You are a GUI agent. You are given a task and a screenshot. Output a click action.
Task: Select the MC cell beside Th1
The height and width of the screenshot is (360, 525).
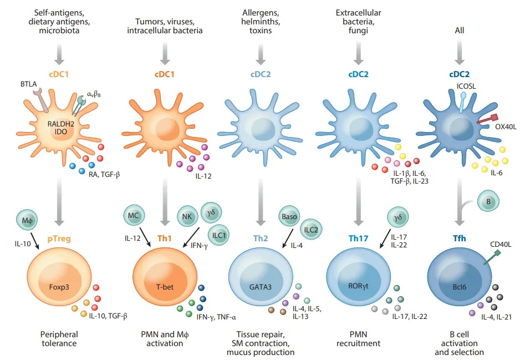tap(133, 214)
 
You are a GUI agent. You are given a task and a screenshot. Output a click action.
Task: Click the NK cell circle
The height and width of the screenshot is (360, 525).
tap(187, 217)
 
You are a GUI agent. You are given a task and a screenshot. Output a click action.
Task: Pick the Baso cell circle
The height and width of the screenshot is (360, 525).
tap(290, 216)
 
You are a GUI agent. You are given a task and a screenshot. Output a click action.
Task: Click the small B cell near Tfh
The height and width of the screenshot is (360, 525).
tap(488, 202)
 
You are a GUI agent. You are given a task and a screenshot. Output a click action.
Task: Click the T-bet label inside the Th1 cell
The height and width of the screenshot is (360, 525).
tap(161, 287)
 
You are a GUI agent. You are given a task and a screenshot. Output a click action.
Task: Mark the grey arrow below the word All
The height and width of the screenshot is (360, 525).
tap(460, 53)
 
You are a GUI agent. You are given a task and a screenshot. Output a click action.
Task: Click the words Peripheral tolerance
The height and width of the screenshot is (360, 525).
tap(59, 339)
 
